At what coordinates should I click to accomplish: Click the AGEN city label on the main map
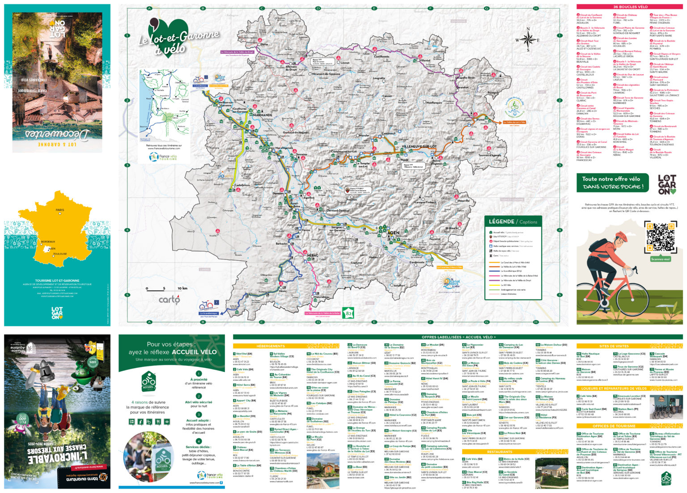tap(394, 233)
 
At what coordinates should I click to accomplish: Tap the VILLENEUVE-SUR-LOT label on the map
tap(419, 147)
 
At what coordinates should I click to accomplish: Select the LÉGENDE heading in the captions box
tap(501, 221)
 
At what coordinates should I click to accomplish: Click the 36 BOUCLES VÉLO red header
tap(630, 7)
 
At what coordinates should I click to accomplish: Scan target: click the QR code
tap(661, 237)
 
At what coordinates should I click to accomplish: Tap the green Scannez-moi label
tap(661, 259)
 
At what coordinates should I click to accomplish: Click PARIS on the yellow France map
tap(59, 210)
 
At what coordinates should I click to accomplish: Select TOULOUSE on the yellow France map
tap(59, 254)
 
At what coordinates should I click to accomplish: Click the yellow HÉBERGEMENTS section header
tap(271, 346)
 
